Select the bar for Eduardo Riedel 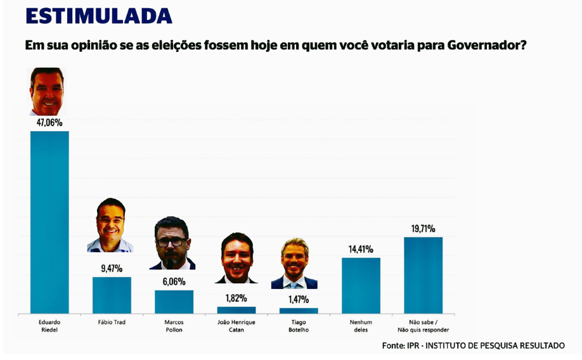pyautogui.click(x=49, y=222)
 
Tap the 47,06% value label pyautogui.click(x=49, y=122)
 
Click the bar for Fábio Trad pyautogui.click(x=112, y=295)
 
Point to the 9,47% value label pyautogui.click(x=112, y=268)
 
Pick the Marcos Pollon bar pyautogui.click(x=174, y=302)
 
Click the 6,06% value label pyautogui.click(x=174, y=281)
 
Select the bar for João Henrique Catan pyautogui.click(x=236, y=310)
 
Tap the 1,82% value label pyautogui.click(x=236, y=298)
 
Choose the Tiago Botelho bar pyautogui.click(x=299, y=311)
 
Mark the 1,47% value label pyautogui.click(x=298, y=299)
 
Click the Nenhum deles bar pyautogui.click(x=361, y=285)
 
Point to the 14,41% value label pyautogui.click(x=361, y=249)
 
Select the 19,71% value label pyautogui.click(x=423, y=229)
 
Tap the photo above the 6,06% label pyautogui.click(x=172, y=243)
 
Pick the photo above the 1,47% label pyautogui.click(x=294, y=264)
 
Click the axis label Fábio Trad pyautogui.click(x=112, y=323)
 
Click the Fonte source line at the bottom pyautogui.click(x=473, y=345)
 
